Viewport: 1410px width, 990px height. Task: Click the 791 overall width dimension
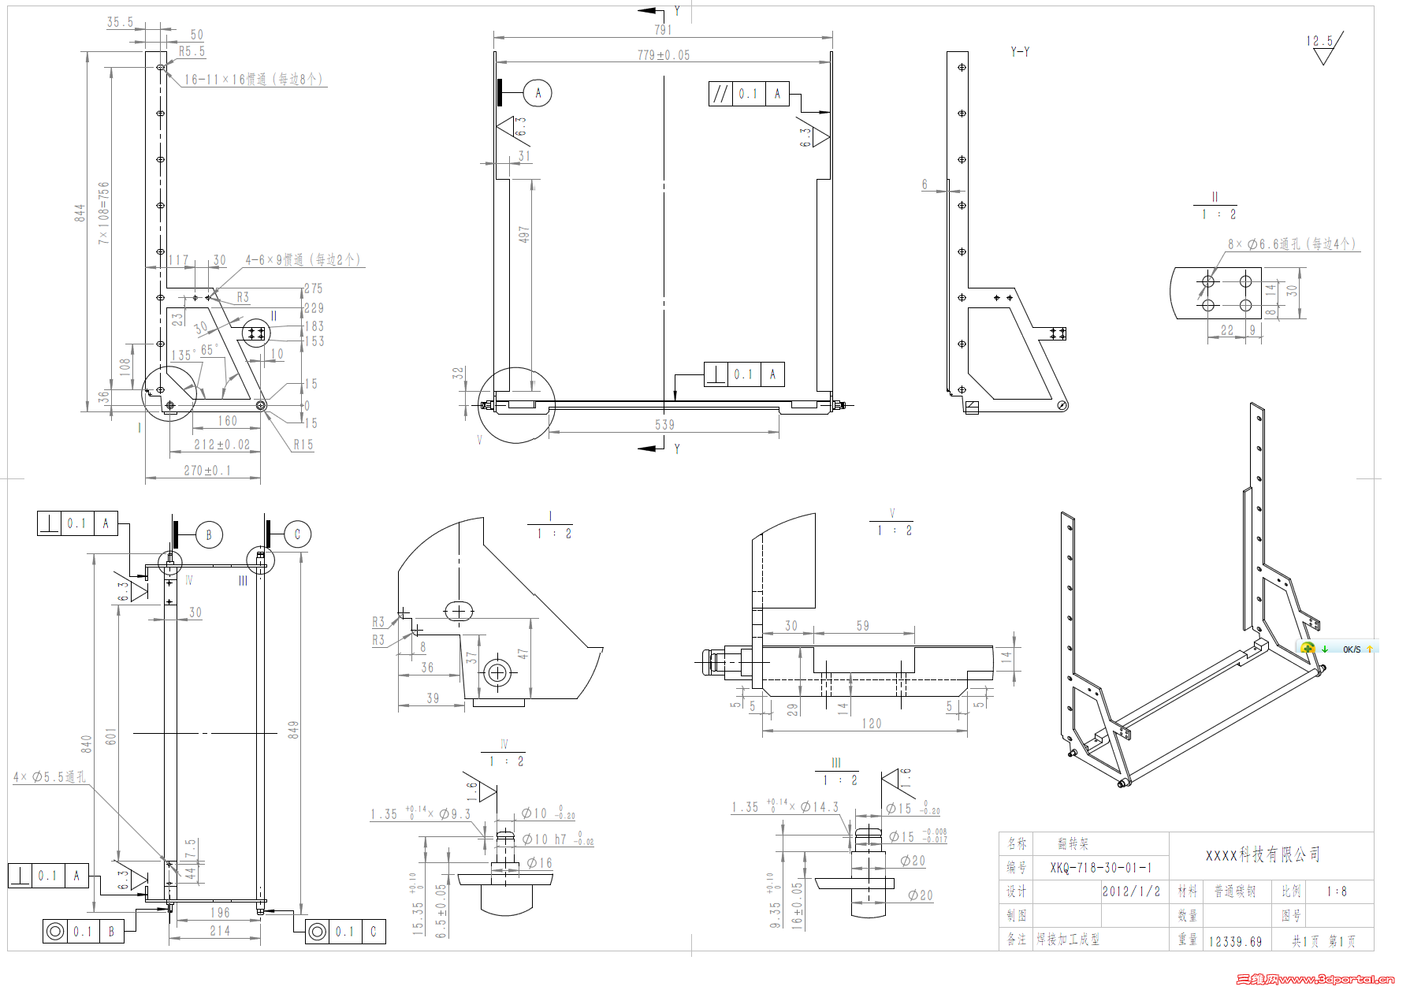663,30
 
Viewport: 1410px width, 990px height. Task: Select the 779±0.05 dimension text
663,55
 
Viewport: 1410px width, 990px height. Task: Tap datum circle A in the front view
538,93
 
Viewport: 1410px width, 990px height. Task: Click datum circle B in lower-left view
209,534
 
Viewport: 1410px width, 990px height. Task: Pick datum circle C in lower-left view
297,534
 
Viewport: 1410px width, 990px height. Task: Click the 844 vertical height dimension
80,213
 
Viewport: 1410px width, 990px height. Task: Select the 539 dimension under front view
664,425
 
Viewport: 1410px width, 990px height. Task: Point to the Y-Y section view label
1020,52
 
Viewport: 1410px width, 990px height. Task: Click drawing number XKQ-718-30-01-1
1100,868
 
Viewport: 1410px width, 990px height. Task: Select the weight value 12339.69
1235,942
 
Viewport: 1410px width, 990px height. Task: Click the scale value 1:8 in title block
1337,891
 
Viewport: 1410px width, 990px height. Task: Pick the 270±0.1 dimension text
207,471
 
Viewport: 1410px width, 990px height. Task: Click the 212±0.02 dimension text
221,445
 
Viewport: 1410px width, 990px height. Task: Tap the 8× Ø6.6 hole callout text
1292,244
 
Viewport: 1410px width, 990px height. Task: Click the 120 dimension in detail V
871,724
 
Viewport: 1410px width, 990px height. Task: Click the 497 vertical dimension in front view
523,234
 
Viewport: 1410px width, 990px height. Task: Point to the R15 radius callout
303,445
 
